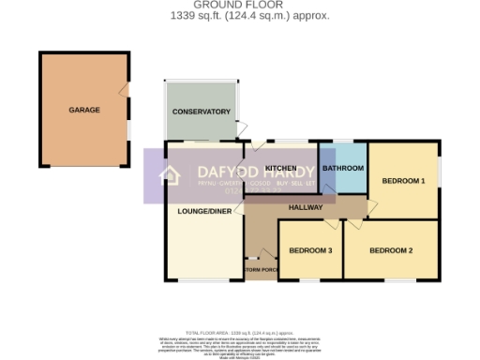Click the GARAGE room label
83,110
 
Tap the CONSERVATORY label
201,112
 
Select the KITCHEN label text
281,168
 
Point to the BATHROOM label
343,168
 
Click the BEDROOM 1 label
404,180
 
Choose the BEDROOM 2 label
391,250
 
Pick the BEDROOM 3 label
310,250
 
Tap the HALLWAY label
306,207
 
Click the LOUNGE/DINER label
203,211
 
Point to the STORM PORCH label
262,270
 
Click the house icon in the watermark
171,175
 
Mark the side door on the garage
124,90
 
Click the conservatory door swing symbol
242,128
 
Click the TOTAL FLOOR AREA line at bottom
240,333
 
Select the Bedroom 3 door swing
330,225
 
